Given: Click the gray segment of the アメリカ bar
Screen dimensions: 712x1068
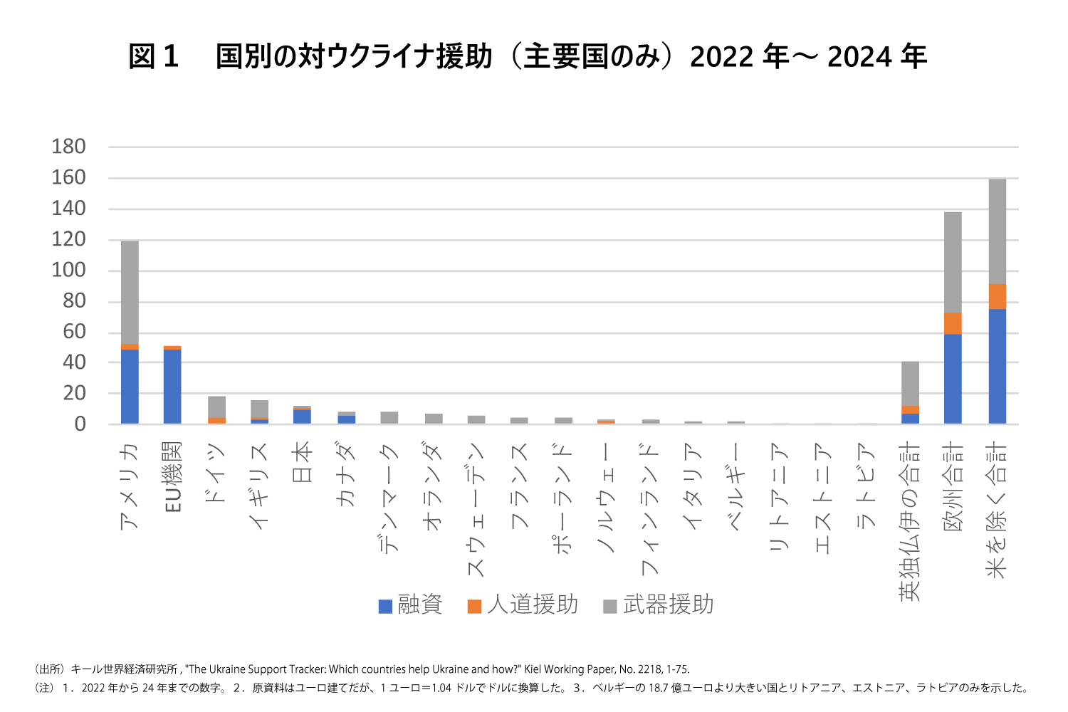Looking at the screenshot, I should point(130,292).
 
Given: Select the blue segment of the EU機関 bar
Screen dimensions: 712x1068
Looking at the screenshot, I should point(172,387).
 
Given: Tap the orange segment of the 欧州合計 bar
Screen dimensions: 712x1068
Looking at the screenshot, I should point(953,323).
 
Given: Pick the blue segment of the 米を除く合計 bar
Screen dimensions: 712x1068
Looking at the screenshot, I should point(998,366).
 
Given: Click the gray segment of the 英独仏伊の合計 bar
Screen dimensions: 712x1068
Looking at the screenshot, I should point(910,383).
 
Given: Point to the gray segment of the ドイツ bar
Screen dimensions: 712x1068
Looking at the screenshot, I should point(216,407).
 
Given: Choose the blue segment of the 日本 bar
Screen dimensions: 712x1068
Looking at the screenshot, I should point(302,417).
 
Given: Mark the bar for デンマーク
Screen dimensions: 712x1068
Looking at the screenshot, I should point(389,418).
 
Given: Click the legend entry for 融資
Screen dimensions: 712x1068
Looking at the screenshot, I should point(411,605).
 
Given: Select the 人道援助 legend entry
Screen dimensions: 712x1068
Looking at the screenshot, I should point(523,605).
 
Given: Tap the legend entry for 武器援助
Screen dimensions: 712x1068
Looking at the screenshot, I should point(659,605).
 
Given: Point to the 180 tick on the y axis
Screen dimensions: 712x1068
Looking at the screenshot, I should point(68,147).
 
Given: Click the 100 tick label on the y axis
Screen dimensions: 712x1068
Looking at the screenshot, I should point(68,270).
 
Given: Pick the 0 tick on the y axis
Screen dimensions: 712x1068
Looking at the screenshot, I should point(80,424).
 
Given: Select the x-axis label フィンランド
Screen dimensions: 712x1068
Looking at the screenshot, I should point(649,508).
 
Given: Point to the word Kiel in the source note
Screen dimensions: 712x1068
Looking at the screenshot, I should point(535,669).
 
